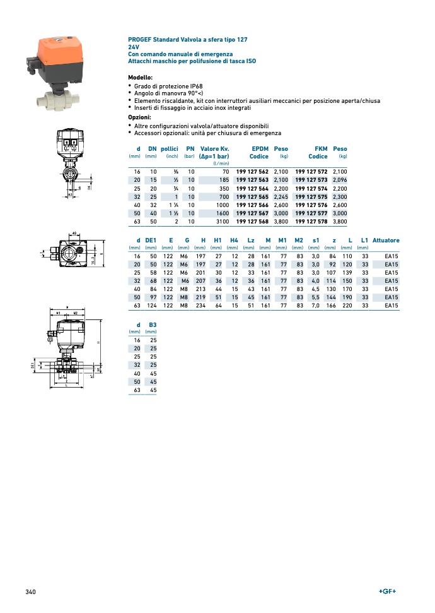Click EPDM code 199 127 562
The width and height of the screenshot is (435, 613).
click(252, 172)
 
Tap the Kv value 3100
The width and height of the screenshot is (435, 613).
click(223, 222)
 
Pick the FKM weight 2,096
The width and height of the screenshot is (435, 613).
click(340, 180)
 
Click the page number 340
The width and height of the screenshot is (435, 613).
click(30, 592)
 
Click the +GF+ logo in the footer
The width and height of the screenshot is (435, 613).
click(387, 592)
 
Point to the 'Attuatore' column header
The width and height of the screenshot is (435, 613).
click(386, 241)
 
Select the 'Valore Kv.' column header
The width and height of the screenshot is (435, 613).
click(214, 149)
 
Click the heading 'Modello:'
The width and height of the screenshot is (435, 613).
click(140, 77)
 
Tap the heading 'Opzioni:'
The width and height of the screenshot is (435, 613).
click(139, 117)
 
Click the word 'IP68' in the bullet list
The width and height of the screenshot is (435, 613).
click(194, 86)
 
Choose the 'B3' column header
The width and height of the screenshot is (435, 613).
click(152, 324)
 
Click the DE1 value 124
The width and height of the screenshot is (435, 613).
click(151, 306)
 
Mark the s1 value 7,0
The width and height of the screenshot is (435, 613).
click(316, 306)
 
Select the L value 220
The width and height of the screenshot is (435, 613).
click(347, 306)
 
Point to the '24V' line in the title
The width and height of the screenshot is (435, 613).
click(134, 47)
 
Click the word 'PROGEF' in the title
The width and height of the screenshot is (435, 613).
click(139, 39)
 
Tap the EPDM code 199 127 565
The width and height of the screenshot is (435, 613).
click(252, 197)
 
